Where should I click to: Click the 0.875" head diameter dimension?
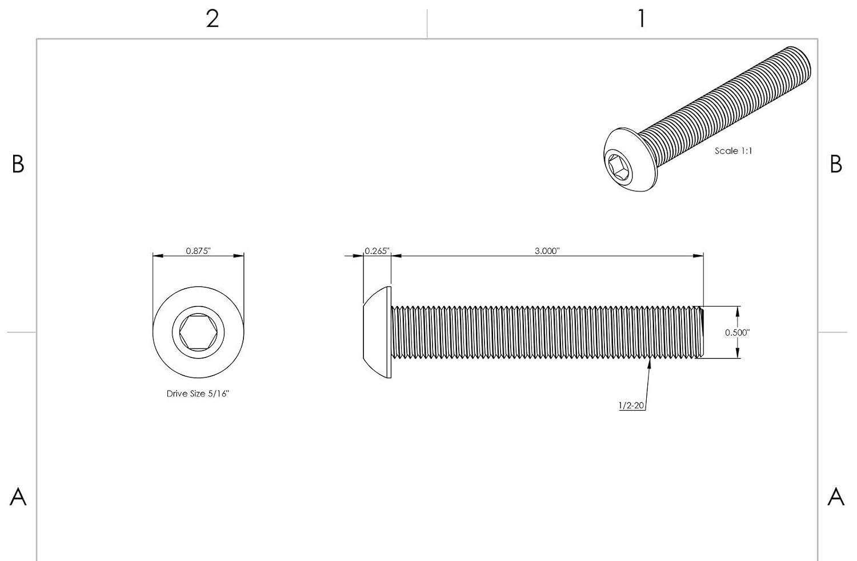pyautogui.click(x=198, y=251)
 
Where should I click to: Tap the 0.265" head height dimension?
pyautogui.click(x=377, y=251)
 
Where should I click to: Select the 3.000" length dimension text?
pyautogui.click(x=547, y=251)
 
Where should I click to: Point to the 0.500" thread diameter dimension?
pyautogui.click(x=737, y=332)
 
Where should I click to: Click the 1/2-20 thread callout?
pyautogui.click(x=631, y=405)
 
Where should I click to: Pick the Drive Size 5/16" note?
pyautogui.click(x=198, y=393)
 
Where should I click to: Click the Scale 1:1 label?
pyautogui.click(x=734, y=151)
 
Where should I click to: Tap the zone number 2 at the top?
pyautogui.click(x=213, y=18)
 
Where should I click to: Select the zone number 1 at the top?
pyautogui.click(x=642, y=18)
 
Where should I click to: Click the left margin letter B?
pyautogui.click(x=18, y=164)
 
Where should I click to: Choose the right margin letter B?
pyautogui.click(x=836, y=164)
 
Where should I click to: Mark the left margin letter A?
pyautogui.click(x=18, y=496)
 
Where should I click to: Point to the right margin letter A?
pyautogui.click(x=836, y=496)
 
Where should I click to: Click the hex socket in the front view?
pyautogui.click(x=198, y=332)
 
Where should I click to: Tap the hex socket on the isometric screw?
pyautogui.click(x=620, y=168)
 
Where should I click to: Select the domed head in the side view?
pyautogui.click(x=377, y=332)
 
